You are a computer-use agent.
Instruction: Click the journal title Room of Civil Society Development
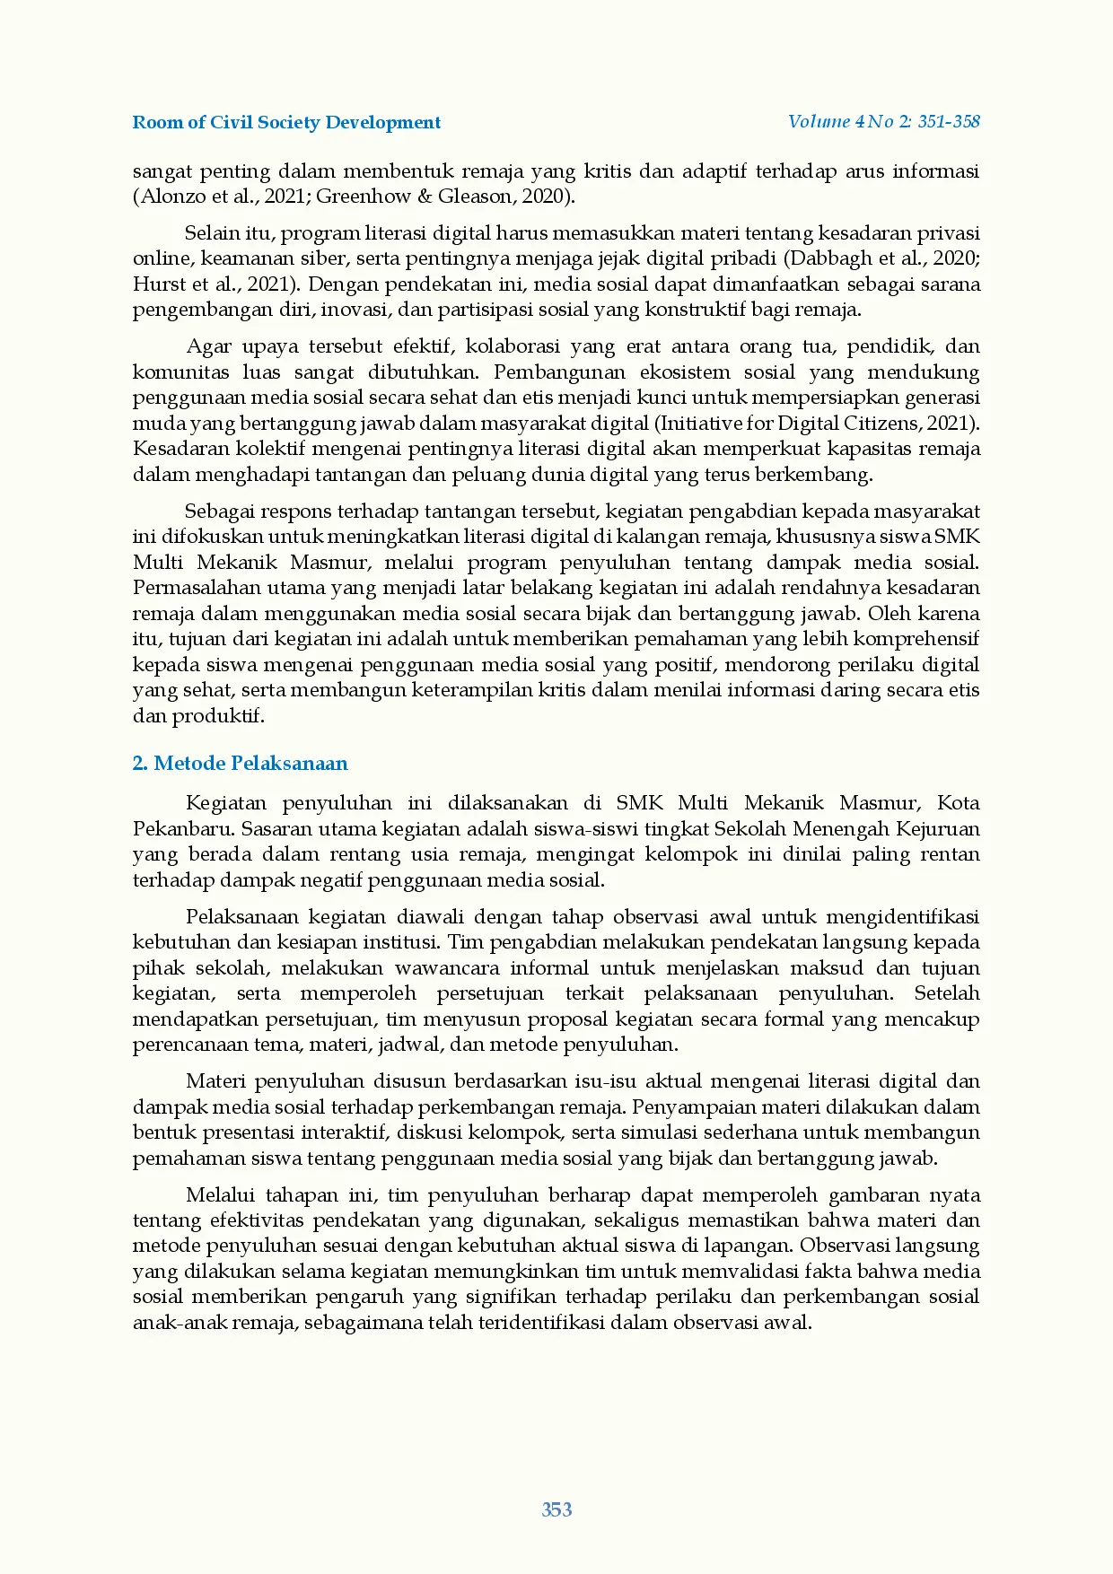(x=286, y=123)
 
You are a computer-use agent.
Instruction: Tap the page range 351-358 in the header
(x=948, y=122)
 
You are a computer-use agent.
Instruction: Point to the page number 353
(x=556, y=1509)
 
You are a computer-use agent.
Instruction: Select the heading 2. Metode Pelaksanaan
(x=240, y=764)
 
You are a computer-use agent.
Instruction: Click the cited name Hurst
(x=159, y=284)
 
